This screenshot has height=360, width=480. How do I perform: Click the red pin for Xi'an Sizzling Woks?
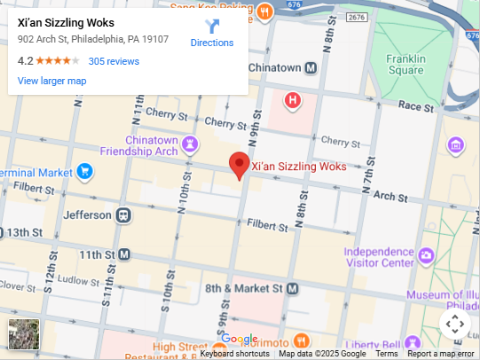(x=239, y=164)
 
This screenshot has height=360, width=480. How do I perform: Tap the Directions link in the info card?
(x=212, y=43)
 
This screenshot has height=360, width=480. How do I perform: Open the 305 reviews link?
(x=114, y=61)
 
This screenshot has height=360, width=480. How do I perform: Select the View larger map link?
(x=51, y=81)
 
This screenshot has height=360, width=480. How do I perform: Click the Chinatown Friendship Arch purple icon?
(x=190, y=145)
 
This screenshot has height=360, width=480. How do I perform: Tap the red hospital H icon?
(x=293, y=100)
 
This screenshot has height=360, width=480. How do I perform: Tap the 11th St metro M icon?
(x=124, y=254)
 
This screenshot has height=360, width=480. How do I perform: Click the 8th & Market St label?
(x=243, y=289)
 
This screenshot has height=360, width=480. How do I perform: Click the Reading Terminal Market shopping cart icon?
(x=85, y=171)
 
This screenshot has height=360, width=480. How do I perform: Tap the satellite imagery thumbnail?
(x=24, y=334)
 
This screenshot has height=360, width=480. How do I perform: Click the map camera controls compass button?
(x=454, y=324)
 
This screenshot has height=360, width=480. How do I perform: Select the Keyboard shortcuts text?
(x=234, y=354)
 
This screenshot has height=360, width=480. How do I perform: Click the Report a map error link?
(x=441, y=354)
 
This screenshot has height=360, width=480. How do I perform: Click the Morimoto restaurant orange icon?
(x=302, y=341)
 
